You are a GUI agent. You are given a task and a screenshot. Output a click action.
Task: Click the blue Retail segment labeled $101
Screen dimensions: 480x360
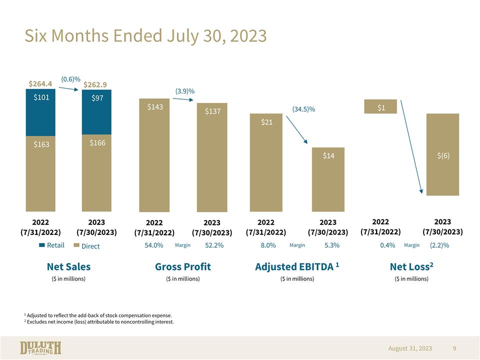(x=40, y=112)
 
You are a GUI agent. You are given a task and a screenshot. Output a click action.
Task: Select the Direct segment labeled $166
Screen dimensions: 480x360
(x=96, y=173)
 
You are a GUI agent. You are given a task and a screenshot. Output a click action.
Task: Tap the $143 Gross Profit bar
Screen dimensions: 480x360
(x=154, y=155)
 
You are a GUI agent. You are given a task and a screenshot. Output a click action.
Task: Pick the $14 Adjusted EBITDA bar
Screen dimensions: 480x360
(x=328, y=179)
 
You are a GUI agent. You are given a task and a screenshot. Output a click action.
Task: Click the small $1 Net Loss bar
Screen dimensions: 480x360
(x=380, y=106)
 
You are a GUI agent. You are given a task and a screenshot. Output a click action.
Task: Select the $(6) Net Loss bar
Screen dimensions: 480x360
(x=442, y=154)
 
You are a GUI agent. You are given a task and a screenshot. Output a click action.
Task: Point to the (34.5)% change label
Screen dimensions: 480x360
(x=303, y=109)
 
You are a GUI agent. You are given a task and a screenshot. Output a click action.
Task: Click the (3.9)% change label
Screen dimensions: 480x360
(x=185, y=91)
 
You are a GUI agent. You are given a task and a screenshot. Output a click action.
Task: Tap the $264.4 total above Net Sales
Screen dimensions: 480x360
(x=40, y=83)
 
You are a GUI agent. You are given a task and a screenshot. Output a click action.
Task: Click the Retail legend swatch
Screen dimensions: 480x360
(x=42, y=245)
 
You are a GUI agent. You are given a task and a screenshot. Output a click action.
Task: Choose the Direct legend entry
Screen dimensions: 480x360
(x=87, y=246)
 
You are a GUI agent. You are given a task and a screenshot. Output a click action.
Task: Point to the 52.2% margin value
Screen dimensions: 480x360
(x=214, y=245)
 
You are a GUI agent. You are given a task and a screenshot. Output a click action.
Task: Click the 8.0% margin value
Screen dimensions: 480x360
(x=268, y=245)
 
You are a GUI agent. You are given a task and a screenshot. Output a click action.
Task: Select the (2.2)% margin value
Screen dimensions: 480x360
(x=439, y=245)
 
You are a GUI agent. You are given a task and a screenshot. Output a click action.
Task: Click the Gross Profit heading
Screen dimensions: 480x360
(x=183, y=266)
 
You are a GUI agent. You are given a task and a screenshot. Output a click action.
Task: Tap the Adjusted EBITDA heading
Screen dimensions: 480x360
(x=297, y=266)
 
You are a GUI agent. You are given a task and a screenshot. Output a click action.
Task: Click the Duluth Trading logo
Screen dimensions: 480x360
(x=40, y=348)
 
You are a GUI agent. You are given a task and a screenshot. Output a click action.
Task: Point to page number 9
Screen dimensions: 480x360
(x=454, y=348)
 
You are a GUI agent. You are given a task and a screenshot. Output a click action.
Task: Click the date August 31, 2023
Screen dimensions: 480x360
(x=410, y=348)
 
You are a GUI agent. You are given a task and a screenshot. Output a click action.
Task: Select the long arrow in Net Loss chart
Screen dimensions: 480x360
(x=411, y=146)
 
